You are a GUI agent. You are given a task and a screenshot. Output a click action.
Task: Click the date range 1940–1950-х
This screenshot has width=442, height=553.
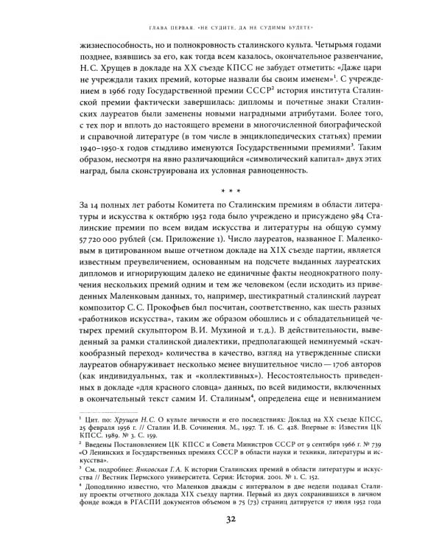[108, 161]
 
